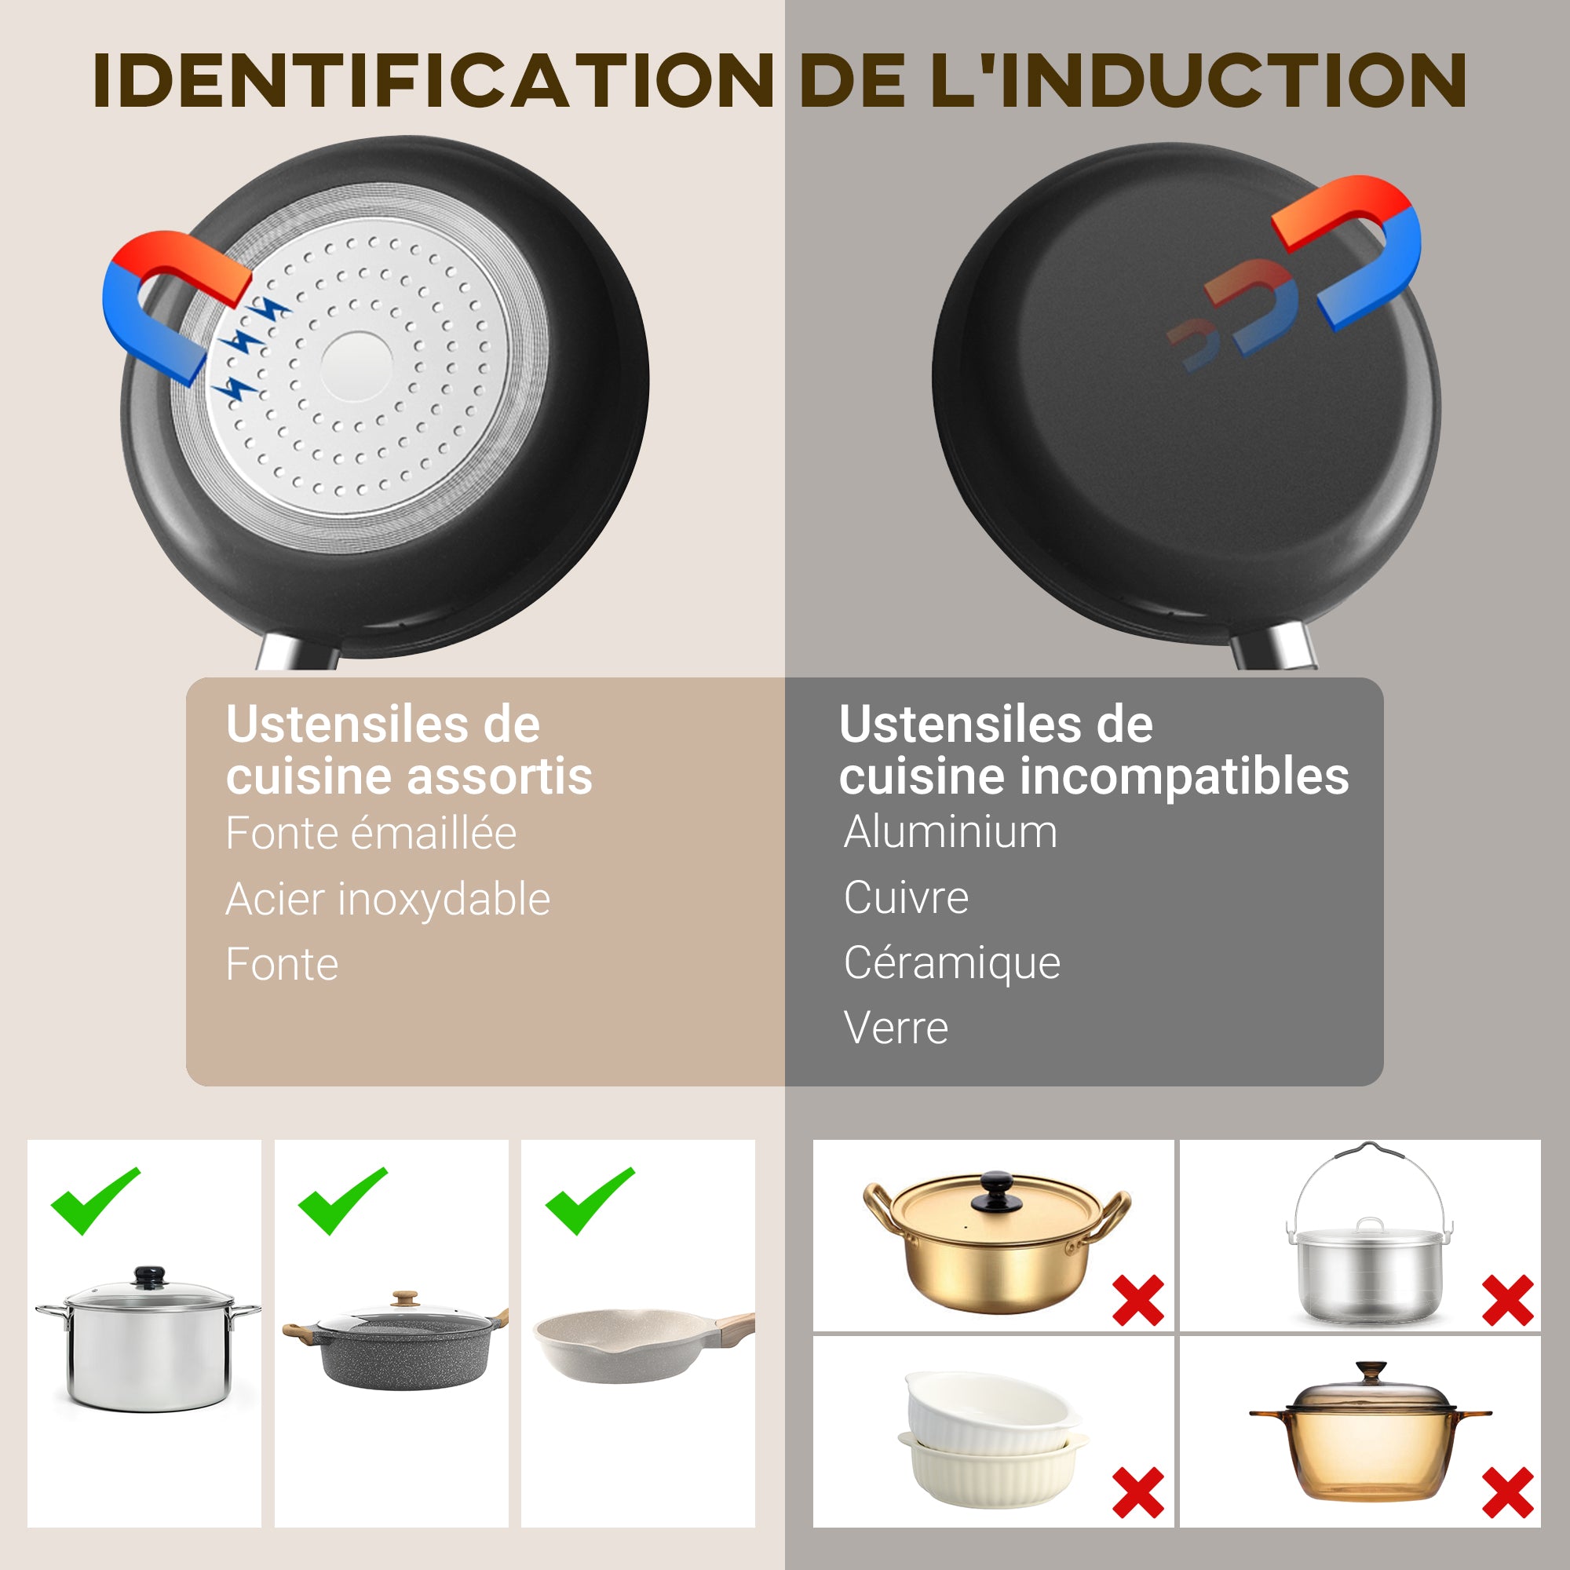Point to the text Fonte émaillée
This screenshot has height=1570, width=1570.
point(371,834)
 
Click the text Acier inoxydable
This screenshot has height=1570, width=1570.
point(388,900)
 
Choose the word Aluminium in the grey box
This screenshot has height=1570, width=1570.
point(950,832)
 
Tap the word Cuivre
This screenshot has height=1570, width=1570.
point(905,898)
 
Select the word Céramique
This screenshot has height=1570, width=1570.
point(951,963)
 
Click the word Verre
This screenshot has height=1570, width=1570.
point(896,1028)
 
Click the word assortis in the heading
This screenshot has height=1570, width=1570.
point(500,776)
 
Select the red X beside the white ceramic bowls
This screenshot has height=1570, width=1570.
point(1137,1492)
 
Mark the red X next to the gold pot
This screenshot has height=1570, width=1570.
point(1137,1300)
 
